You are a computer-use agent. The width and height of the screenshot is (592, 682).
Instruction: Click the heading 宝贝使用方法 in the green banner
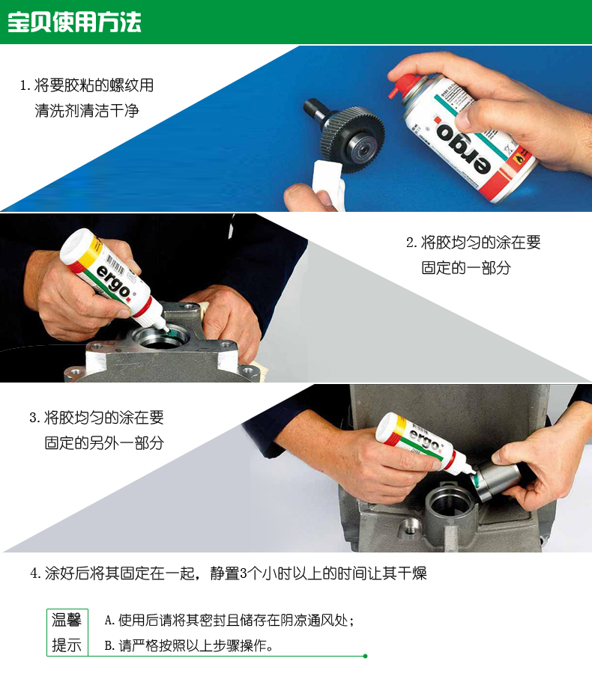pos(74,22)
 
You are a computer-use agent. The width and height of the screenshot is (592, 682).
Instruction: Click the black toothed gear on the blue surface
pos(353,138)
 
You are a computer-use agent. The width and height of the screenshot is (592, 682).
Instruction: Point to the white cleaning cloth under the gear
pos(329,183)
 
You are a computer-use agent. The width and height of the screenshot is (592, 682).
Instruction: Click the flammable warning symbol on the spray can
pos(518,159)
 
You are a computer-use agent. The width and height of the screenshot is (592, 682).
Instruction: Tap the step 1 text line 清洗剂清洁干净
pos(87,111)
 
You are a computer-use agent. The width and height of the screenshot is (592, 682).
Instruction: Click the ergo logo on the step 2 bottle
pos(113,284)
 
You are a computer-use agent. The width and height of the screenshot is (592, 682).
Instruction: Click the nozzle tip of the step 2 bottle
pos(167,329)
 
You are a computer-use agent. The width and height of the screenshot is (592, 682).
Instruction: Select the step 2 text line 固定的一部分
pos(466,267)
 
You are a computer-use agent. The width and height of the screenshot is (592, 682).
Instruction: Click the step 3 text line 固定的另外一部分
pos(104,442)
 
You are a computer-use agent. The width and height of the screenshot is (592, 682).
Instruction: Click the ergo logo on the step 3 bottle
pos(423,439)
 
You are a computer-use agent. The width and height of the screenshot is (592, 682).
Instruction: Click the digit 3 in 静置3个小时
pos(244,573)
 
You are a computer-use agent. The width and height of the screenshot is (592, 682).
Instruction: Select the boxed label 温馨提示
pos(67,633)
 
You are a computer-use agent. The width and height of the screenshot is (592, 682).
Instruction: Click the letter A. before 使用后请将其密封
pos(109,620)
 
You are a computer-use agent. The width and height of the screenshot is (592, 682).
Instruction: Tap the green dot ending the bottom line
pos(365,656)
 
